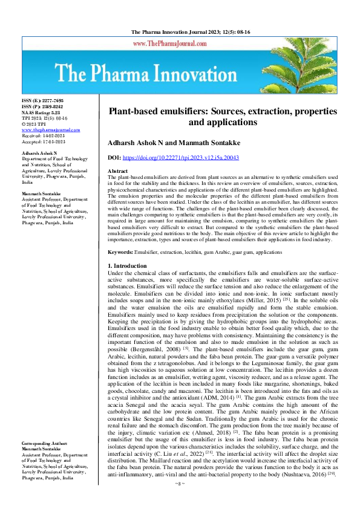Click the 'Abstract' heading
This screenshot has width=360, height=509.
tap(117, 172)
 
